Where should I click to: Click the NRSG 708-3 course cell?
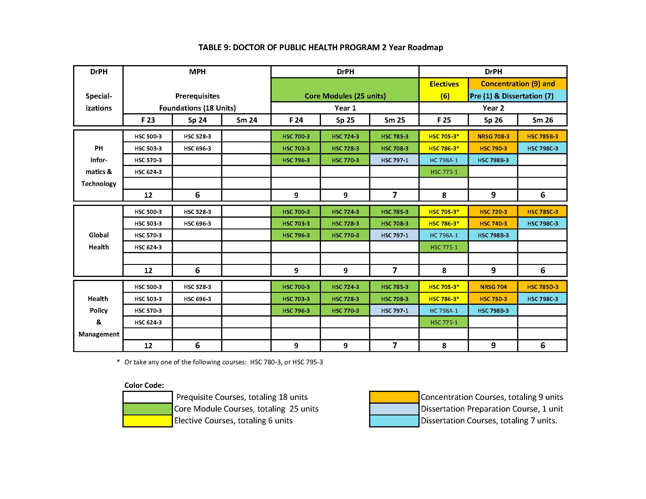493,136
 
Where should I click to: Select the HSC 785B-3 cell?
542,136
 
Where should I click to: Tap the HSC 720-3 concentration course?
493,212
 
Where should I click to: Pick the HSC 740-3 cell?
493,224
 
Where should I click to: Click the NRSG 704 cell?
493,287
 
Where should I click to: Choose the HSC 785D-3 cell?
542,287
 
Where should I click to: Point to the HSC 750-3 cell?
493,299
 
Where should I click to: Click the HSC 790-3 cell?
493,148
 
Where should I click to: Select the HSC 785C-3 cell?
542,212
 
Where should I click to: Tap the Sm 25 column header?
395,120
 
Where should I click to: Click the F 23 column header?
148,120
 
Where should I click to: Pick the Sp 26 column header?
493,120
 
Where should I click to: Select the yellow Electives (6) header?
444,90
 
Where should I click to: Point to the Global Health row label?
98,241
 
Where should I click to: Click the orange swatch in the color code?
394,397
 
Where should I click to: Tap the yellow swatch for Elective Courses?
148,421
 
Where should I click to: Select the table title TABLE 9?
320,48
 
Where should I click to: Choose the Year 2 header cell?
493,108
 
